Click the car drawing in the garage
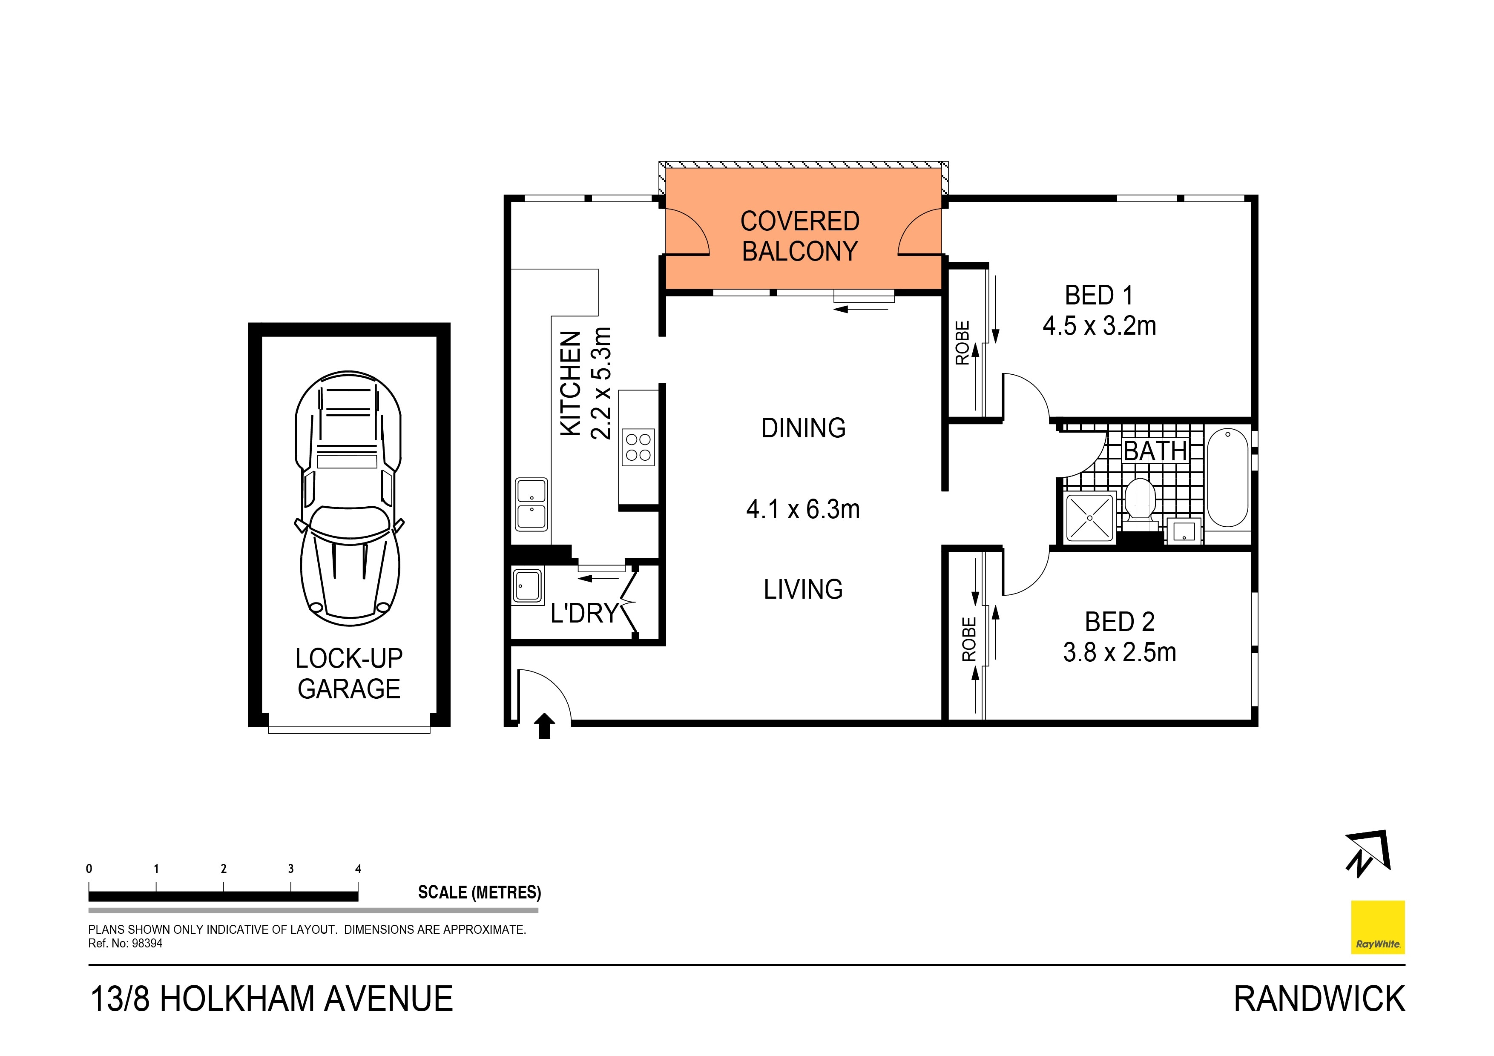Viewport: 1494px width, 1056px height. pos(349,498)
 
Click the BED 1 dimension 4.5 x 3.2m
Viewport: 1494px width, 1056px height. pos(1099,325)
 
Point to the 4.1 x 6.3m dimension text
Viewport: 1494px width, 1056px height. pos(802,509)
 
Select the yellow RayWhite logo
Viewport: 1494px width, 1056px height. pos(1378,927)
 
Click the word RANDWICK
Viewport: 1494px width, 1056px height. pos(1319,999)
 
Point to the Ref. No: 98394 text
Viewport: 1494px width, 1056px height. pos(126,944)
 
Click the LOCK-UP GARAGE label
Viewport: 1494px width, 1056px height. pos(349,674)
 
